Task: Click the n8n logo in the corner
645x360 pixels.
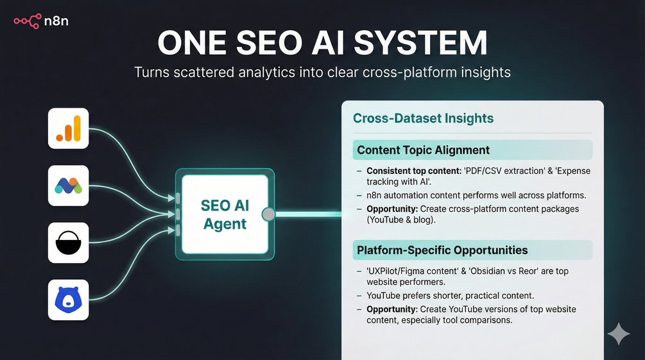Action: (41, 21)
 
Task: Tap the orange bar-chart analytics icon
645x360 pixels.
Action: (68, 128)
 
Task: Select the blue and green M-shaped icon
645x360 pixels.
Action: (68, 185)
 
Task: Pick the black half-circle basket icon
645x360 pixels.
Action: (68, 243)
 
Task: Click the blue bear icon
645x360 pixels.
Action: (68, 300)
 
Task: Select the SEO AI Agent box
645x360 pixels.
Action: (224, 214)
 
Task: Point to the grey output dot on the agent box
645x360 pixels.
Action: (269, 214)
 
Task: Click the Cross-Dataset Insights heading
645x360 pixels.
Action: (423, 118)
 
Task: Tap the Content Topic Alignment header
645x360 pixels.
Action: (423, 150)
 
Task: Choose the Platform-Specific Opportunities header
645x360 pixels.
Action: (442, 250)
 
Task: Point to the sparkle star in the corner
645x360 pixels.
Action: (619, 334)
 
